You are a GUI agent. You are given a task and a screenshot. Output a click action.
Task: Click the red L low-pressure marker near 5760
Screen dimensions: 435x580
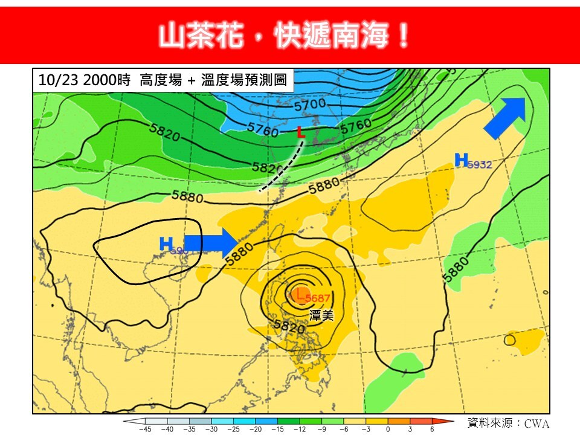(x=300, y=132)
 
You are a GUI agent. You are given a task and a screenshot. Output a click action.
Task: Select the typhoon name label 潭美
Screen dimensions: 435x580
(x=321, y=315)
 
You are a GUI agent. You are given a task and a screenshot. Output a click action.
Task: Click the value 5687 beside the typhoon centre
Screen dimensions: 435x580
(x=318, y=298)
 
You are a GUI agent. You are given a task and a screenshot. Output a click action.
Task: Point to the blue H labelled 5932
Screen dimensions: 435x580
(x=461, y=160)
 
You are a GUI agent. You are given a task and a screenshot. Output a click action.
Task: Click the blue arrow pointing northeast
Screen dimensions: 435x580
(x=505, y=117)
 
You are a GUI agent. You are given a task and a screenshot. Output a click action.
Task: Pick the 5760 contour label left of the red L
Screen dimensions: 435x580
(x=262, y=129)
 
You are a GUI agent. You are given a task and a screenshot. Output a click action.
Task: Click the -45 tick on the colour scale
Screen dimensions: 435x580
(x=145, y=429)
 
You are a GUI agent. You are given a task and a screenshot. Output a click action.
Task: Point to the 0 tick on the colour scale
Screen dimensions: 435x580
(x=388, y=429)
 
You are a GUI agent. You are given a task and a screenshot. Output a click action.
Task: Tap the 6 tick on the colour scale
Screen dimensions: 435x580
(x=432, y=429)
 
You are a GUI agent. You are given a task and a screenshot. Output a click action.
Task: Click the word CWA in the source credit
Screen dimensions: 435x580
(x=536, y=424)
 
